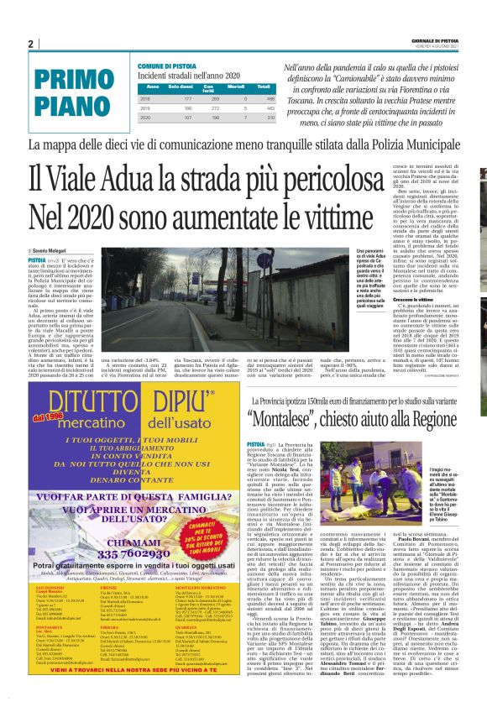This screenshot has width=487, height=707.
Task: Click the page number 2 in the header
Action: (30, 44)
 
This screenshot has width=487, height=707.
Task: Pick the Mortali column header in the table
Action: (237, 86)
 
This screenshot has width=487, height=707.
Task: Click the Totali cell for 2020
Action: (264, 118)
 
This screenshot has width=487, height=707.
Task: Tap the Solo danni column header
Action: (181, 86)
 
